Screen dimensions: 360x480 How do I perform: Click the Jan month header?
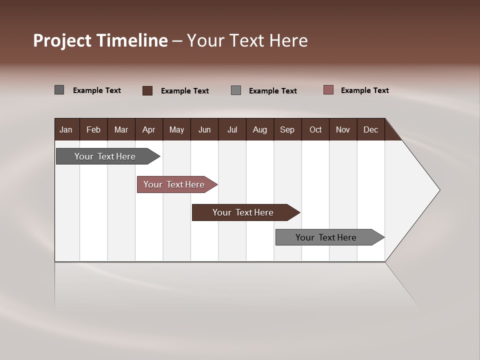(x=66, y=129)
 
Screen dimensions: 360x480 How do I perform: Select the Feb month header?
(x=93, y=129)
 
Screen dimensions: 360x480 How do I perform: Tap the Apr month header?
(x=148, y=129)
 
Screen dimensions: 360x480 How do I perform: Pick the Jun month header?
(x=204, y=129)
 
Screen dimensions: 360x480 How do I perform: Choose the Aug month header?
(x=260, y=129)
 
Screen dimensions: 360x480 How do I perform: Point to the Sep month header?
(x=287, y=129)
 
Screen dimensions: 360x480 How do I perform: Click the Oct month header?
(x=315, y=129)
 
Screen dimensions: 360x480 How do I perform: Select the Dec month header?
(x=371, y=129)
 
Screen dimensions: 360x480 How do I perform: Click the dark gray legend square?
(x=59, y=90)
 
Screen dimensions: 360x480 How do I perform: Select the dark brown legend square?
(x=147, y=90)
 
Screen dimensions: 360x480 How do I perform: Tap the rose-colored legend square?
(x=328, y=90)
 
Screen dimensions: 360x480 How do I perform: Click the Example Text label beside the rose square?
(x=364, y=90)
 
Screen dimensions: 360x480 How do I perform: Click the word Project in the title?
(x=63, y=40)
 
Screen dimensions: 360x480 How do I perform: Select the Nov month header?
(x=343, y=129)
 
